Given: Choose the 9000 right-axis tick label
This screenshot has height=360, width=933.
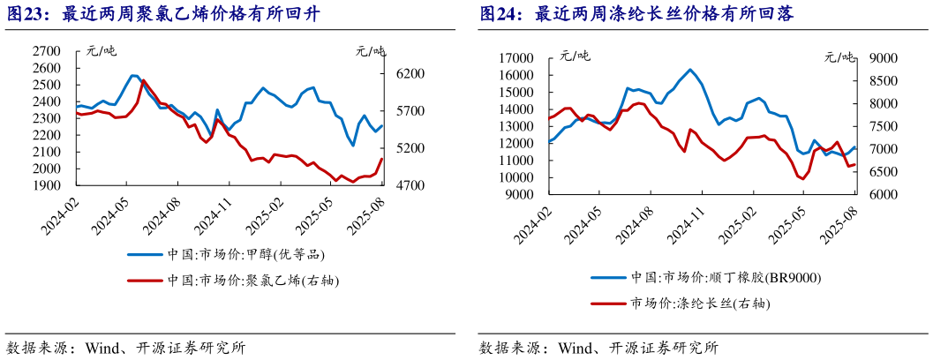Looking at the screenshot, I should point(884,59).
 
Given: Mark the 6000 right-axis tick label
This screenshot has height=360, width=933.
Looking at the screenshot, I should point(884,195).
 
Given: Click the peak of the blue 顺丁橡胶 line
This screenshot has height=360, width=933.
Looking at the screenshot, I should point(690,70).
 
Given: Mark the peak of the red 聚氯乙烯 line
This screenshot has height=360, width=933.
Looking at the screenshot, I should point(144,80).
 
